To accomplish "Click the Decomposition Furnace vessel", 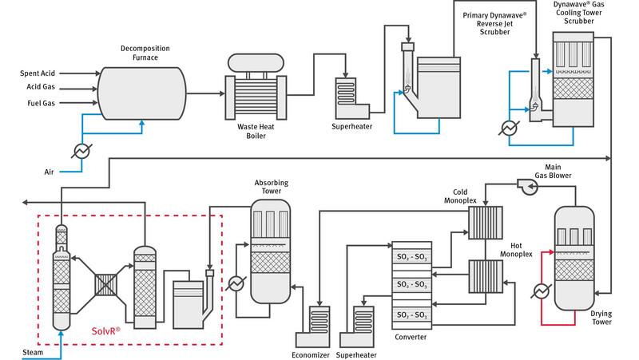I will click(143, 88).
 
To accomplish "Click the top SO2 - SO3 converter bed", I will click(411, 259).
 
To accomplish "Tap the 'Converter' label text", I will click(411, 338).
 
